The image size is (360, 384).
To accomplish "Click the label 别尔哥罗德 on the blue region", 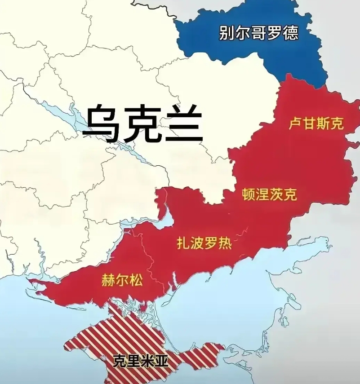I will [258, 33].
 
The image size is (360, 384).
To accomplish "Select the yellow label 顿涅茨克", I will [269, 194].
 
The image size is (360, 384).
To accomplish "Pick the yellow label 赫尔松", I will [122, 281].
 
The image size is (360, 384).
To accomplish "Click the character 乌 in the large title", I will [102, 124].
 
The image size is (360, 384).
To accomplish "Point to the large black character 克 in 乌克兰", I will [142, 124].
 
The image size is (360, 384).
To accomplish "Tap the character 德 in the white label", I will [290, 33].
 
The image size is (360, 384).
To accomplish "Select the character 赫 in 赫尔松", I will [109, 281].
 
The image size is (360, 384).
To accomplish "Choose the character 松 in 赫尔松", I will [136, 281].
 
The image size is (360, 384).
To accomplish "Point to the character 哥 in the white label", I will [258, 33].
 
